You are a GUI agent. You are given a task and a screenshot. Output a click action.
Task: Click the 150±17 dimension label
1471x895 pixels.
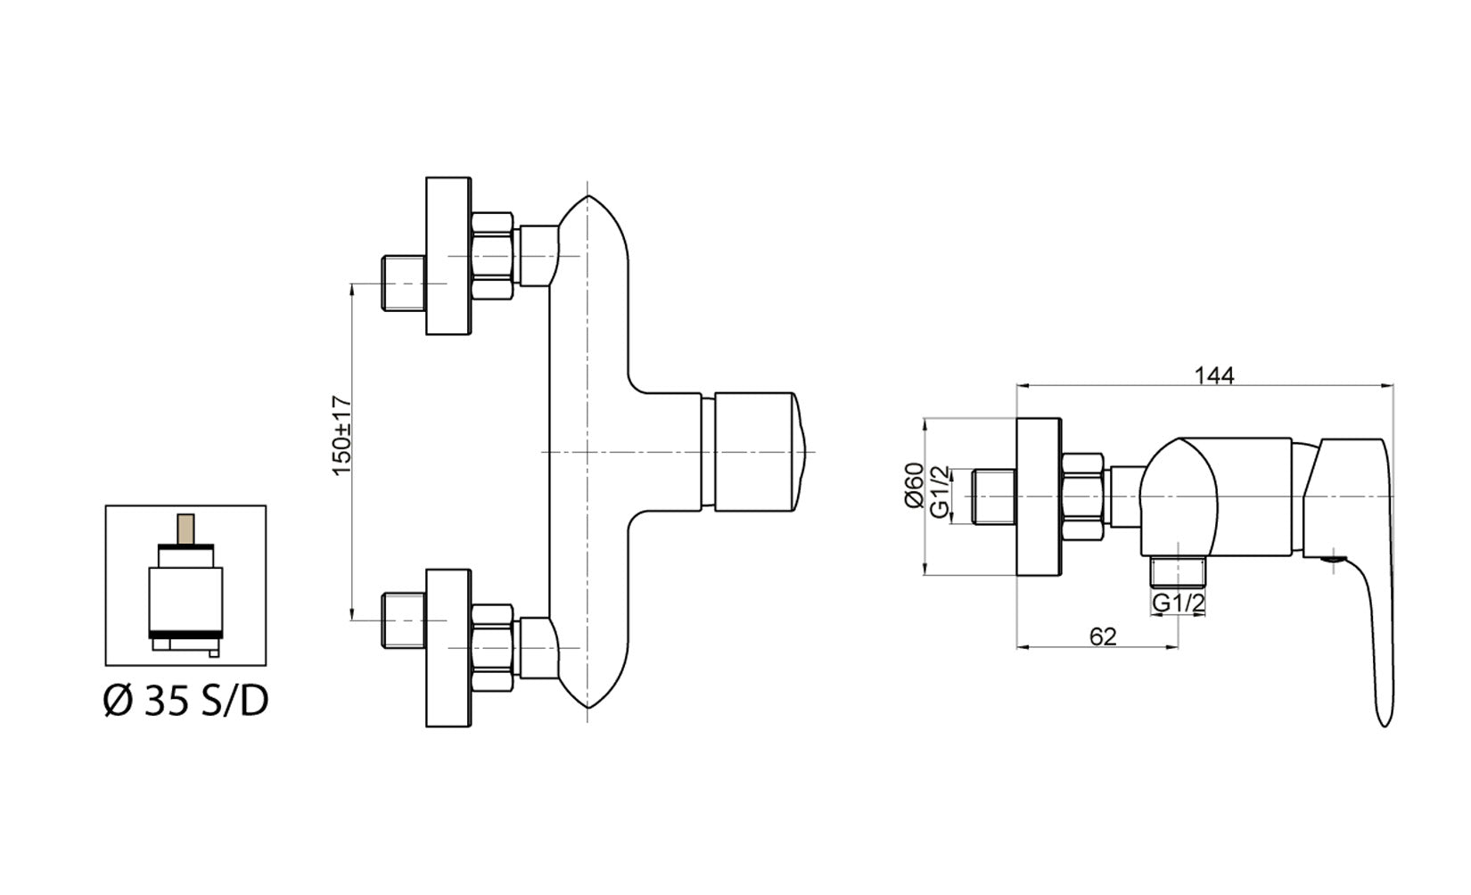[343, 435]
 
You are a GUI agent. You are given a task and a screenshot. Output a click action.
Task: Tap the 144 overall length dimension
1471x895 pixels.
[1216, 375]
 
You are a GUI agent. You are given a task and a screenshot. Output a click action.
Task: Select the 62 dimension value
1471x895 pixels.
[1103, 636]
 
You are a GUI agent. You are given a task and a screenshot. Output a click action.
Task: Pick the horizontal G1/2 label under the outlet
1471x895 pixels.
[1179, 604]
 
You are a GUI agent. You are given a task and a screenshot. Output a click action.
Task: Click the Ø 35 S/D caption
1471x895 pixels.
[185, 702]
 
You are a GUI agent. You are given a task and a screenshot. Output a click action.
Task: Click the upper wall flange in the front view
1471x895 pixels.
[448, 257]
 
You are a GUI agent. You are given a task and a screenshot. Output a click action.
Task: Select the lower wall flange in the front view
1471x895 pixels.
[448, 648]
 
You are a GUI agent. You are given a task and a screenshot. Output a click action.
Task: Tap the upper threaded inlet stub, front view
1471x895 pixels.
[403, 283]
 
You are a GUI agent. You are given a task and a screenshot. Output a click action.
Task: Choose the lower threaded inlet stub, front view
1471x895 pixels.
[403, 620]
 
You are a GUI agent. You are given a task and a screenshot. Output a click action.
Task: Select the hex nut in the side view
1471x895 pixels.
[1084, 497]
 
